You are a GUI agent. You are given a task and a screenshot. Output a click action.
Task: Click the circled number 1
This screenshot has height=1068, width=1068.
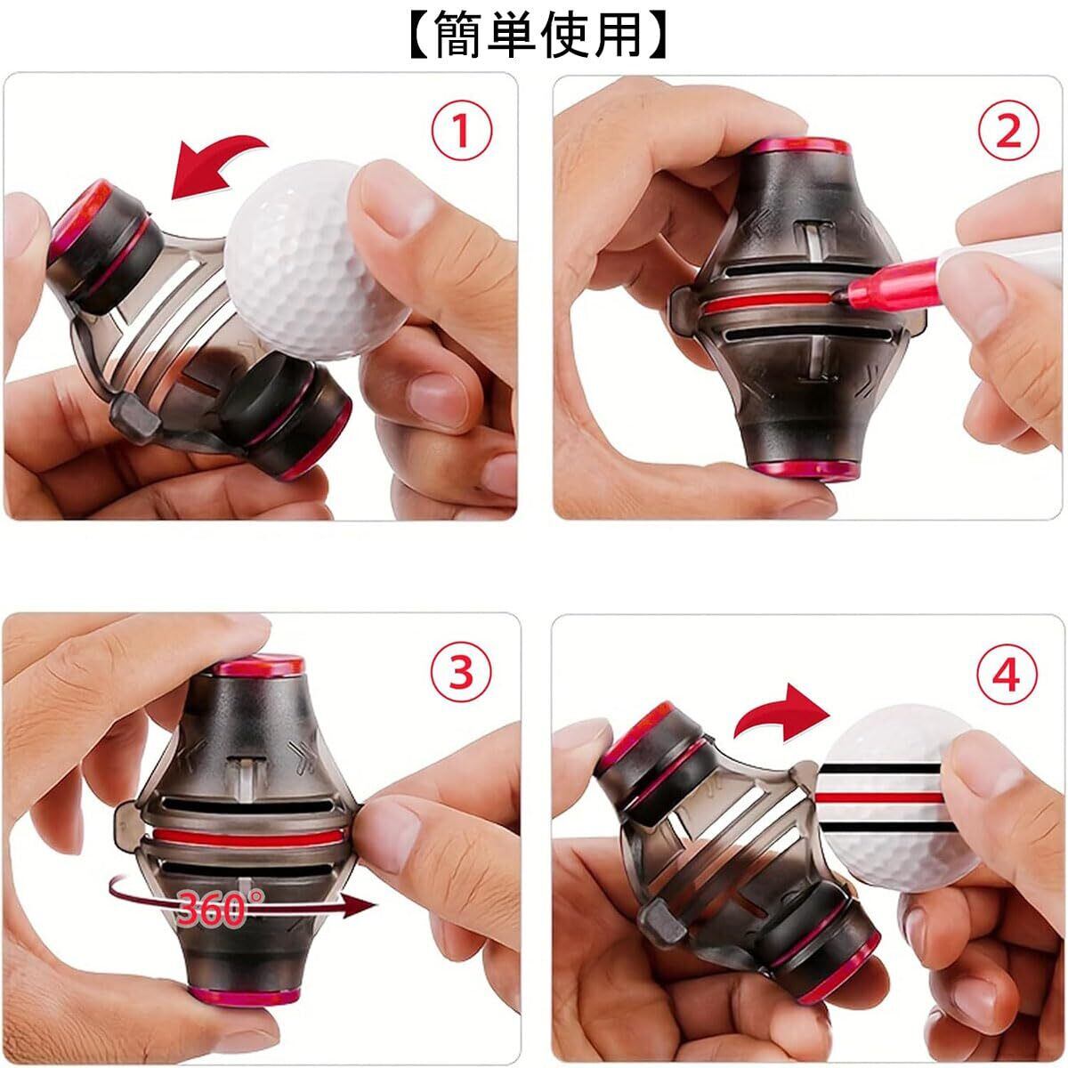coord(462,130)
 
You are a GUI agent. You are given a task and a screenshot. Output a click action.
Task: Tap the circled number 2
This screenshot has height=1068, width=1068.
coord(1008,130)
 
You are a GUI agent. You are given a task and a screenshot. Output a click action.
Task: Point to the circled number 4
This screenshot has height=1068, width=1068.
coord(1007,675)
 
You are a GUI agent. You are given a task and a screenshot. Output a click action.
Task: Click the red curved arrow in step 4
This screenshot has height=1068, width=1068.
coord(781,712)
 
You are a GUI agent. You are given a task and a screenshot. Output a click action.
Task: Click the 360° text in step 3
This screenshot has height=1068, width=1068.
coord(221,908)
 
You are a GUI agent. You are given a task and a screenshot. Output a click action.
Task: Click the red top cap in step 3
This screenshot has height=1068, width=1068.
coord(259,665)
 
